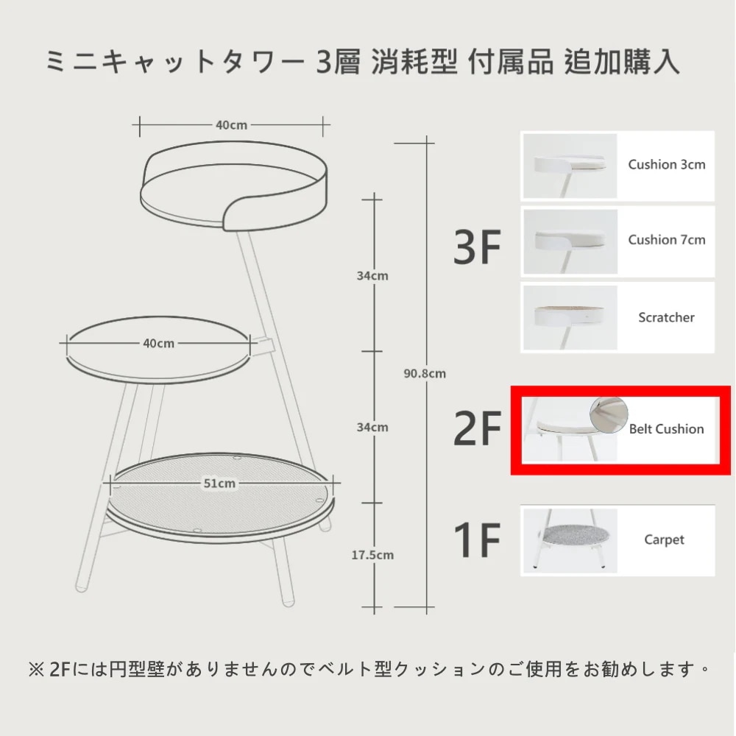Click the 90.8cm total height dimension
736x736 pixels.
pos(425,374)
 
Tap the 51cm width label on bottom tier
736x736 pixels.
pos(219,483)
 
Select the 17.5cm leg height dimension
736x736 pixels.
pos(372,555)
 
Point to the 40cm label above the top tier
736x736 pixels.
pos(231,125)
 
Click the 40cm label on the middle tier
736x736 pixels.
pos(159,344)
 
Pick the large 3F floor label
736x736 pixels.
pos(477,247)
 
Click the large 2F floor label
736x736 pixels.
pos(477,428)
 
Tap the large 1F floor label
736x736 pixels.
pos(477,539)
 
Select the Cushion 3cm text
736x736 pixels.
pos(667,164)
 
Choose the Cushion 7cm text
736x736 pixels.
pos(667,240)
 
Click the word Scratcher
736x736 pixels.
pos(666,317)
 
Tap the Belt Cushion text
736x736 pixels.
pos(666,428)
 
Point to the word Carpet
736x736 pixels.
pos(664,539)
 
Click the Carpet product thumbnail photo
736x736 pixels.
pos(570,540)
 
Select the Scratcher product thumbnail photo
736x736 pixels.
pos(570,317)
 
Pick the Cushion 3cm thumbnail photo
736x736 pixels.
pos(570,166)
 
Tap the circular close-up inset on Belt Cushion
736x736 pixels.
pos(609,415)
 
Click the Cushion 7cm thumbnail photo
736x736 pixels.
pos(570,241)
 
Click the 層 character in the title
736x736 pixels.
pos(347,62)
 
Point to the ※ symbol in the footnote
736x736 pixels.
pos(36,669)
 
